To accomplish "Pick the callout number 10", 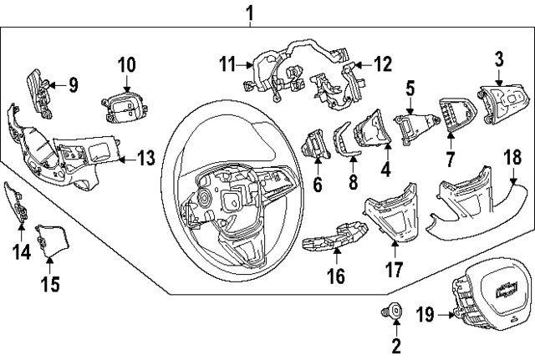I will (x=125, y=63).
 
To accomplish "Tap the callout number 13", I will (x=145, y=158).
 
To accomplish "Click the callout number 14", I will (x=19, y=249).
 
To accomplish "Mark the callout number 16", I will (x=335, y=276).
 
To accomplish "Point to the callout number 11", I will (x=228, y=62).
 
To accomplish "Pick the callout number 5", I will (x=410, y=87).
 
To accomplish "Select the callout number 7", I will (x=450, y=156).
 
